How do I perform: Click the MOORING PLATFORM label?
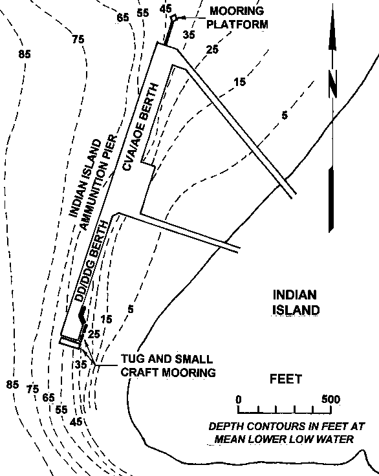point(237,17)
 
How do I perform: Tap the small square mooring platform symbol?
point(174,18)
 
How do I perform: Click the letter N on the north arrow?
point(333,84)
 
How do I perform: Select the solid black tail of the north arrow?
point(331,199)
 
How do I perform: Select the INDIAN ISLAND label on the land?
point(296,303)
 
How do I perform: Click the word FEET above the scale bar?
point(286,379)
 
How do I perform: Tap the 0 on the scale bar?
point(239,400)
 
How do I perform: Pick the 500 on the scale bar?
point(331,399)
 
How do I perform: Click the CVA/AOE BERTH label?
point(140,127)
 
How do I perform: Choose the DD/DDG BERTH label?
point(92,261)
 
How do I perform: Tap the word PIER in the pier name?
point(111,147)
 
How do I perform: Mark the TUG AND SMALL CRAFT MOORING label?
point(168,365)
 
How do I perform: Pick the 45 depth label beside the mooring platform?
point(166,9)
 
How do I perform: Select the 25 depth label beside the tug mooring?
point(94,334)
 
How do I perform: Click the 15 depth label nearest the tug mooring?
point(106,319)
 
